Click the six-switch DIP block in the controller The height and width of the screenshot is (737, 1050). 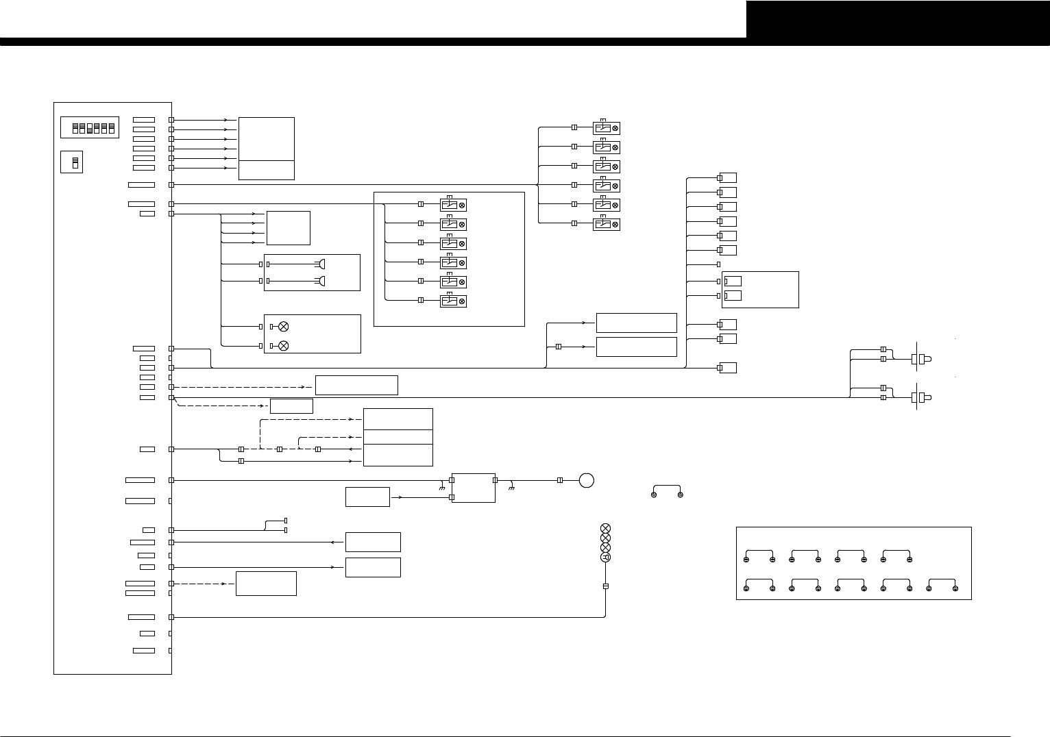[x=90, y=127]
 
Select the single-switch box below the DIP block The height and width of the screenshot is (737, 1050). [x=72, y=162]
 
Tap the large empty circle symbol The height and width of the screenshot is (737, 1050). [x=586, y=480]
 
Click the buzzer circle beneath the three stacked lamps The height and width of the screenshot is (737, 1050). [x=605, y=558]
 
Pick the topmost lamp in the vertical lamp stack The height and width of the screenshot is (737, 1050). [x=605, y=528]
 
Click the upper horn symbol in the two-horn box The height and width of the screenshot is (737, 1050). [x=321, y=264]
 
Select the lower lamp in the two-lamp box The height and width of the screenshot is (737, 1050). [x=283, y=346]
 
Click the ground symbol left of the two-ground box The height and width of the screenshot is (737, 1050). [x=443, y=488]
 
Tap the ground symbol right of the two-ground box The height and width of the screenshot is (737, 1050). [x=512, y=488]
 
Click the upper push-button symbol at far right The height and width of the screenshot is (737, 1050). [x=921, y=358]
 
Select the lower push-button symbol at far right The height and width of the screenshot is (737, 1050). [x=921, y=397]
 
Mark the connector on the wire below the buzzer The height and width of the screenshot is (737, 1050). [x=605, y=586]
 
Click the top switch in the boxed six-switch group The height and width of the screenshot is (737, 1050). [x=453, y=204]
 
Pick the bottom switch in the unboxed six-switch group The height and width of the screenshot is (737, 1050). [x=606, y=224]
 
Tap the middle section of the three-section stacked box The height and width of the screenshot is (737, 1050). [x=398, y=437]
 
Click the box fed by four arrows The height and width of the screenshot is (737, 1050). [x=289, y=228]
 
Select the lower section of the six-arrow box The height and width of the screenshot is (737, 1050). [x=267, y=170]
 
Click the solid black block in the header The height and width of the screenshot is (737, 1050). [x=898, y=19]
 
